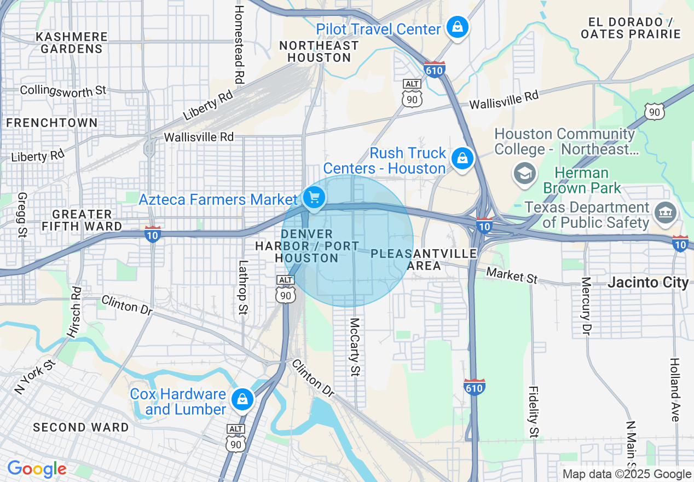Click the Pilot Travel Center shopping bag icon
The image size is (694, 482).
(x=457, y=27)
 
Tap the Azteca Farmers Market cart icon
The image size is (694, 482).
(x=314, y=198)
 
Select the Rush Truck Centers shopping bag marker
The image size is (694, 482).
(x=462, y=159)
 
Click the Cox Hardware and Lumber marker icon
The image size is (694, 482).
(x=242, y=400)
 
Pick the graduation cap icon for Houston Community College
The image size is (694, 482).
(x=524, y=173)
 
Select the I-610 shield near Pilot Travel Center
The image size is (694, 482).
(x=434, y=69)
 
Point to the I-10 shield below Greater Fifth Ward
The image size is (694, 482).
(x=153, y=234)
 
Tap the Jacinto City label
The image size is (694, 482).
(x=648, y=283)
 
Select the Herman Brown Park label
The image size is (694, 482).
(x=581, y=181)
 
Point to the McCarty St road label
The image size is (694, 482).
(x=355, y=347)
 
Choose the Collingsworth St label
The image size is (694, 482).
(x=63, y=90)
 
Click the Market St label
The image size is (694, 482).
(x=512, y=275)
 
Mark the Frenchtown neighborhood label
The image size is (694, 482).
(x=52, y=123)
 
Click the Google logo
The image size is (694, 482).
(x=36, y=469)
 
